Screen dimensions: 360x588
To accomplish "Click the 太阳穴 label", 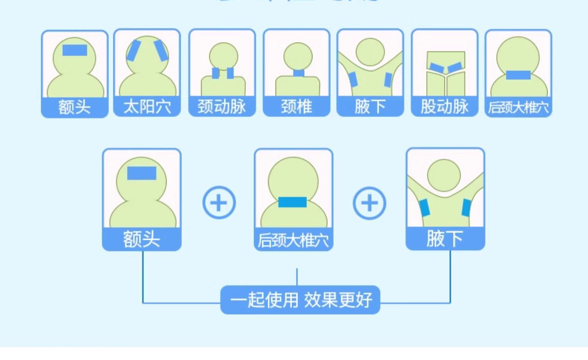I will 147,107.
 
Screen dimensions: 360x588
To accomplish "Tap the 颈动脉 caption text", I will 221,107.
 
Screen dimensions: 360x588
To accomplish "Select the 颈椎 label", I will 296,107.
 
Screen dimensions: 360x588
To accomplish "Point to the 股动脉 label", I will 445,107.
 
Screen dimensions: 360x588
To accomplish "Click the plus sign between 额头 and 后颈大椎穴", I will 219,203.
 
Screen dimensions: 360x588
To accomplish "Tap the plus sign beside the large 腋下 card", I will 369,203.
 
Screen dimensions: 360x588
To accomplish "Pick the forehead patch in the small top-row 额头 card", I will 75,50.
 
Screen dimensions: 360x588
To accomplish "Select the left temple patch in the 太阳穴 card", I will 133,51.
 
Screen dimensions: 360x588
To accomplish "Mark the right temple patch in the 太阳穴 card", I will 161,50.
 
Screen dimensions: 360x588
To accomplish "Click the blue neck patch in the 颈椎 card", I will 299,73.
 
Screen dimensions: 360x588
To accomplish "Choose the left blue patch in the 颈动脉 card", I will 216,73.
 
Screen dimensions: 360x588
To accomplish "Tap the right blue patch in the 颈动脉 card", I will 230,73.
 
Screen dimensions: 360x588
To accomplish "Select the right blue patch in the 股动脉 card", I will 455,67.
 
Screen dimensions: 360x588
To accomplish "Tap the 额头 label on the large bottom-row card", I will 142,239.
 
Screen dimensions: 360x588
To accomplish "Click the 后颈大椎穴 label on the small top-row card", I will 518,107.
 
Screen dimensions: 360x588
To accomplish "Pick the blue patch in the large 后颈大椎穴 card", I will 292,202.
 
